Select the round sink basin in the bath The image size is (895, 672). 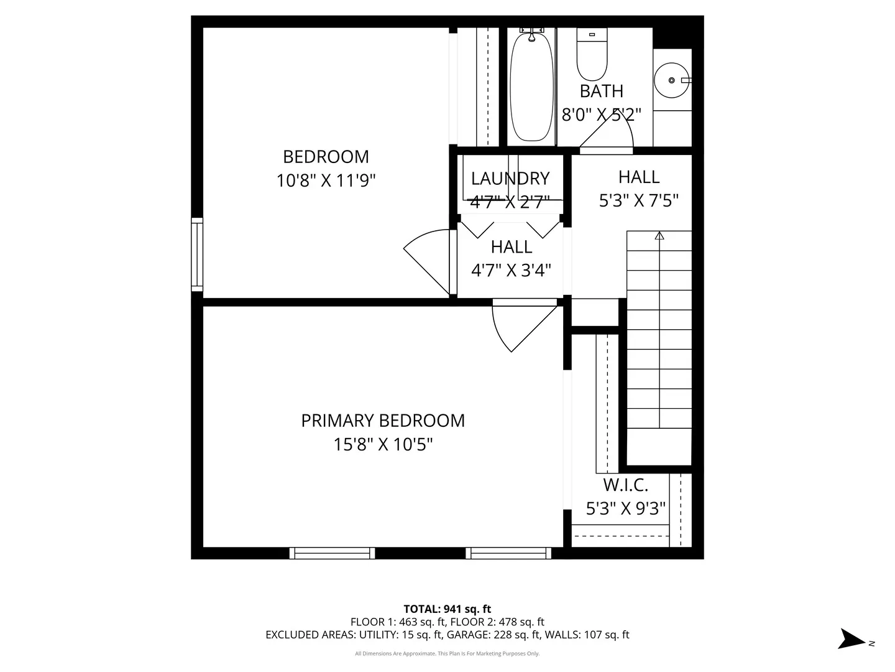point(672,80)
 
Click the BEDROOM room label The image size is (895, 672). point(326,156)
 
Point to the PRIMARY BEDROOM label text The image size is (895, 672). point(383,421)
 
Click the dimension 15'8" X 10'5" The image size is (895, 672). point(383,444)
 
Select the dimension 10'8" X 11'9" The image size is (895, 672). point(326,180)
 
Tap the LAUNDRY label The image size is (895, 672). point(510,179)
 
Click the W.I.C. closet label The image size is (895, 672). point(625,485)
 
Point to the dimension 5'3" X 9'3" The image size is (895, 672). point(625,508)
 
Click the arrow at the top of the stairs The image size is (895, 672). point(659,236)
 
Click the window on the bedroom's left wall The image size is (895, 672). point(197,254)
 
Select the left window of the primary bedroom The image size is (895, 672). point(332,553)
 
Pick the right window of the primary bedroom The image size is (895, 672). point(508,553)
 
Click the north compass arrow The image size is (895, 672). point(850,639)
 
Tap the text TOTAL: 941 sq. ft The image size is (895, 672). point(447,609)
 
